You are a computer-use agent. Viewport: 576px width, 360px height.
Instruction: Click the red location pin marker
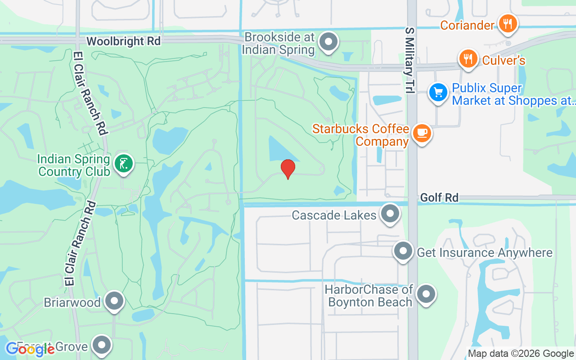[288, 169]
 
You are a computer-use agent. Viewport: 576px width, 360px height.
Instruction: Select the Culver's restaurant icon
[468, 58]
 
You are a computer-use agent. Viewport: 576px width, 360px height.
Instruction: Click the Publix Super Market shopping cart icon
[437, 93]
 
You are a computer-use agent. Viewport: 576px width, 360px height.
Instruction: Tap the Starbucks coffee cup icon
[422, 133]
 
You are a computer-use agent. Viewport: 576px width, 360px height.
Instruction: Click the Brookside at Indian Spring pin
[328, 42]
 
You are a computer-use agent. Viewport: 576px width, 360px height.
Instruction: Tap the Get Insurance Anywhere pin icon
[403, 251]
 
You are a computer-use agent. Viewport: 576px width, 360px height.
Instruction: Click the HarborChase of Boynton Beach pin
[426, 294]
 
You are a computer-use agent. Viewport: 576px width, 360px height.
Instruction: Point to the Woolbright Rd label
[123, 41]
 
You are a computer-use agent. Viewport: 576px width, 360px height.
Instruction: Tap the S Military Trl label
[409, 60]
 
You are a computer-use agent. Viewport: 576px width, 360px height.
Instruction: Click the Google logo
[30, 349]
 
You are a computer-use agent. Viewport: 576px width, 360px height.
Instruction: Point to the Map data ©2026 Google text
[521, 354]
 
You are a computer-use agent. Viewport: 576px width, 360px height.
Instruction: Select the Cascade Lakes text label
[334, 215]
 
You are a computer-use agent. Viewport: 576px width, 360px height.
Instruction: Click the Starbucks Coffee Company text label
[361, 135]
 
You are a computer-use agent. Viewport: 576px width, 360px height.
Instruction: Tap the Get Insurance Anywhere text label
[485, 252]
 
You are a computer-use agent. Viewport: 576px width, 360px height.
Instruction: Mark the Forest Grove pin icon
[102, 345]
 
